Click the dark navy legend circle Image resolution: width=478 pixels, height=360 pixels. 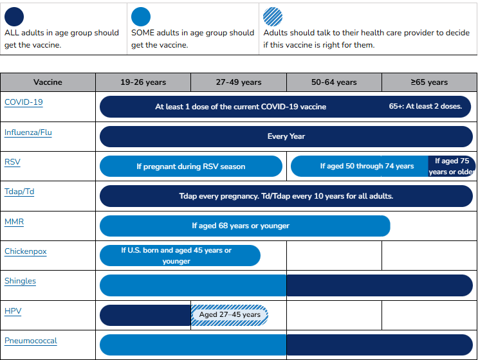pos(14,17)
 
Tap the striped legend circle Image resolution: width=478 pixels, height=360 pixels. pos(273,17)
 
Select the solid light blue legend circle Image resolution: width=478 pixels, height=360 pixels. pos(141,17)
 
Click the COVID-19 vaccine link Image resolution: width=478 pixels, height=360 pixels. pos(23,102)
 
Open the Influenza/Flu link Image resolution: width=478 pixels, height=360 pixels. pos(28,132)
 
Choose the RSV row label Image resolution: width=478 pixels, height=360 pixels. pos(12,162)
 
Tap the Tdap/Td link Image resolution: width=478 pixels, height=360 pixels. pos(19,192)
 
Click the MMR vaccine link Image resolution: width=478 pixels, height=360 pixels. pos(14,221)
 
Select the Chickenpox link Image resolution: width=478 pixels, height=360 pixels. pos(26,251)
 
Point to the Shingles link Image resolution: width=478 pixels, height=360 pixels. pos(20,281)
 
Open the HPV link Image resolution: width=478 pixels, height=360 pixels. pos(13,311)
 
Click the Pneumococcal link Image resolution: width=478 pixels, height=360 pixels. pos(31,341)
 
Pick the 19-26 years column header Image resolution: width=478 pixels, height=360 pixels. pos(143,82)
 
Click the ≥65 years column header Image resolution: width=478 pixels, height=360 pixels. pos(429,82)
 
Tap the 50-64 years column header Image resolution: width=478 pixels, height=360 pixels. pos(334,82)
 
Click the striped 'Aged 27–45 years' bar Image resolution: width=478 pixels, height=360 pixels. pos(230,315)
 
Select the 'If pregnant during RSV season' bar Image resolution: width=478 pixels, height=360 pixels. pos(191,166)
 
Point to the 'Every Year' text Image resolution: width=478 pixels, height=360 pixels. pos(286,136)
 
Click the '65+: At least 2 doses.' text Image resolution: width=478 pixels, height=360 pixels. pos(425,106)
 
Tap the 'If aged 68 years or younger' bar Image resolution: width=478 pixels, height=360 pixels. pos(245,226)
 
